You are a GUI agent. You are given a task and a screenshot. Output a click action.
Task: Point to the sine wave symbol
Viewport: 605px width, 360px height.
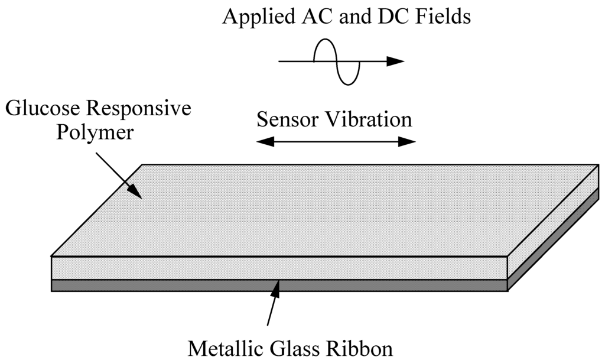pos(336,61)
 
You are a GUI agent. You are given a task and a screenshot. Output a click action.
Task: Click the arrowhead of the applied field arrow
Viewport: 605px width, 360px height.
pos(396,61)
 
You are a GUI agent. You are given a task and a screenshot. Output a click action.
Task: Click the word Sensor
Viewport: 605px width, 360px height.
pos(287,120)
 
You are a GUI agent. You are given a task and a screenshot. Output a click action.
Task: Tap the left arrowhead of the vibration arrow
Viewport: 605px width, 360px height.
pos(264,141)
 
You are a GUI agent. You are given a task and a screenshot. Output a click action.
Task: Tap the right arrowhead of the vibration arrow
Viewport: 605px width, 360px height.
pos(408,141)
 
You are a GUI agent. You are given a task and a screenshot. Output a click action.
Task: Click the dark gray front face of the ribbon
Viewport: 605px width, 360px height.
pos(177,285)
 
